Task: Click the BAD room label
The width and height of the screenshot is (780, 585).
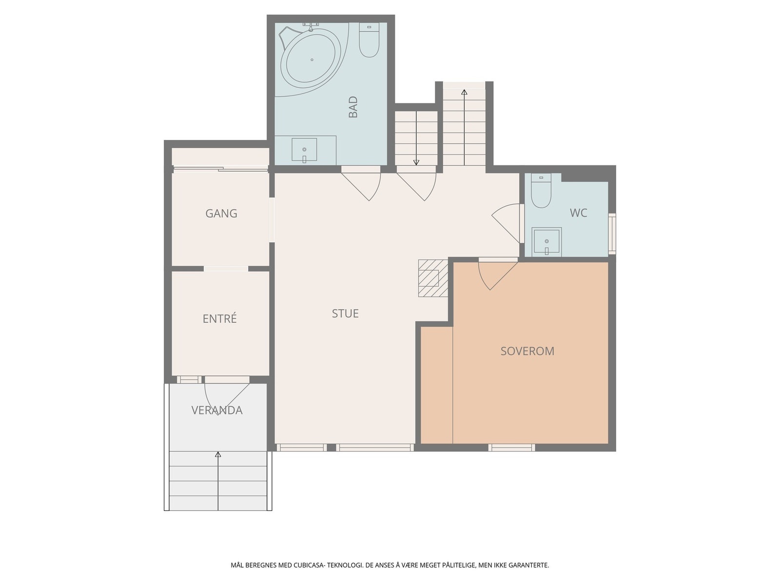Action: (x=353, y=107)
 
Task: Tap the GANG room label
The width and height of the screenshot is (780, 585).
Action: (x=221, y=213)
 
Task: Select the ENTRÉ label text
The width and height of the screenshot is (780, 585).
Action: (x=219, y=318)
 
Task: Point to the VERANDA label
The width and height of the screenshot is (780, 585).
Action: (x=217, y=410)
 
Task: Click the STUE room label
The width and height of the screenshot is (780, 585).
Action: (x=345, y=313)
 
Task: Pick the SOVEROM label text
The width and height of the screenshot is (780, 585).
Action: (x=527, y=351)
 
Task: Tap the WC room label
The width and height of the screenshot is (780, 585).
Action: (x=579, y=213)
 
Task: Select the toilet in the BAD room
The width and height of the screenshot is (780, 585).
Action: (x=369, y=40)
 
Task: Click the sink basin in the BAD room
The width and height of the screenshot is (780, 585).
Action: (x=304, y=150)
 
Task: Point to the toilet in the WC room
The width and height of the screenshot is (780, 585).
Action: (x=541, y=191)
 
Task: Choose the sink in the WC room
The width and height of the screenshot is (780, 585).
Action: (x=546, y=241)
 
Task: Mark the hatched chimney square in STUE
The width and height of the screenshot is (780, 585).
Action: (x=433, y=278)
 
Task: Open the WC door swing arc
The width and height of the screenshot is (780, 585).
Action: (x=506, y=223)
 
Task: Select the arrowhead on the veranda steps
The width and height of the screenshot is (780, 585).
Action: (x=218, y=454)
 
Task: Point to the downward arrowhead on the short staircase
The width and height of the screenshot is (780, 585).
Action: (x=416, y=163)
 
